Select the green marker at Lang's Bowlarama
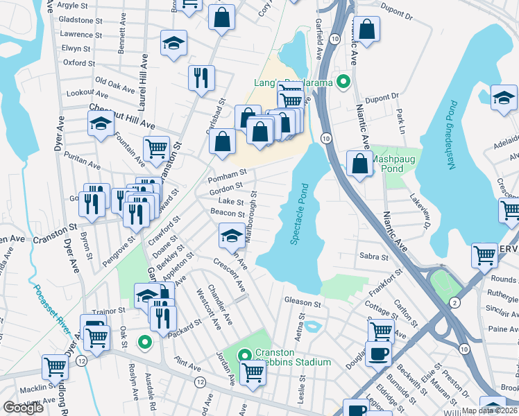(x=341, y=82)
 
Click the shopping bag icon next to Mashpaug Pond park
(x=359, y=165)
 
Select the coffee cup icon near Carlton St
(x=379, y=354)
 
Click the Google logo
(x=23, y=408)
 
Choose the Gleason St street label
(x=303, y=302)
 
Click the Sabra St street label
(x=374, y=257)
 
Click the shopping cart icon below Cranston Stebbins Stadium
(x=253, y=373)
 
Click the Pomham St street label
(x=227, y=172)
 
